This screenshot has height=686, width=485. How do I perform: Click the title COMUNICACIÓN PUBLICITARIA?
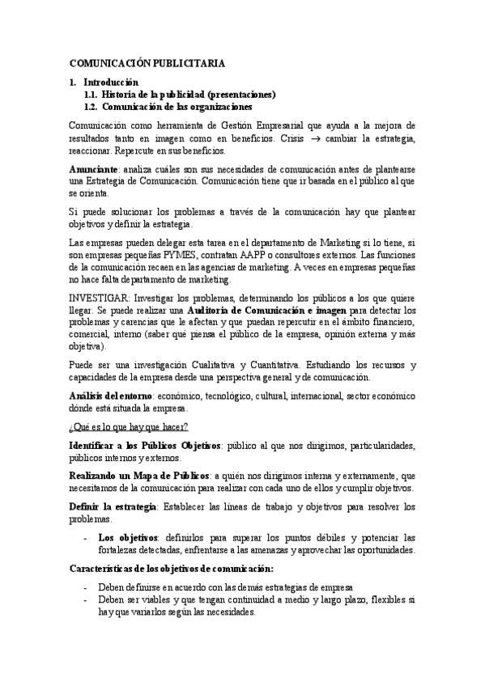(147, 62)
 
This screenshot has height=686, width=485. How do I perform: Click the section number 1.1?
(91, 95)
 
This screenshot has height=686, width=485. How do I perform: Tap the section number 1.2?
(91, 107)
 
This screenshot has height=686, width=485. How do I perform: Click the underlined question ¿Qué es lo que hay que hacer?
(129, 427)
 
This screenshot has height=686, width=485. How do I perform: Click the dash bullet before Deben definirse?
(87, 587)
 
